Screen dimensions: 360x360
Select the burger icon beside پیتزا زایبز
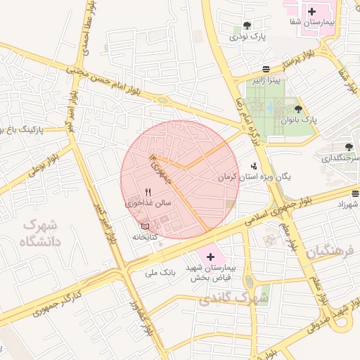pos(265,69)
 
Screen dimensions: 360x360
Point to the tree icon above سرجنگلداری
pos(349,147)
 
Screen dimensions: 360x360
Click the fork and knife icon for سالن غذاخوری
pos(148,191)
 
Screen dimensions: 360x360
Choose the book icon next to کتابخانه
pos(146,226)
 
